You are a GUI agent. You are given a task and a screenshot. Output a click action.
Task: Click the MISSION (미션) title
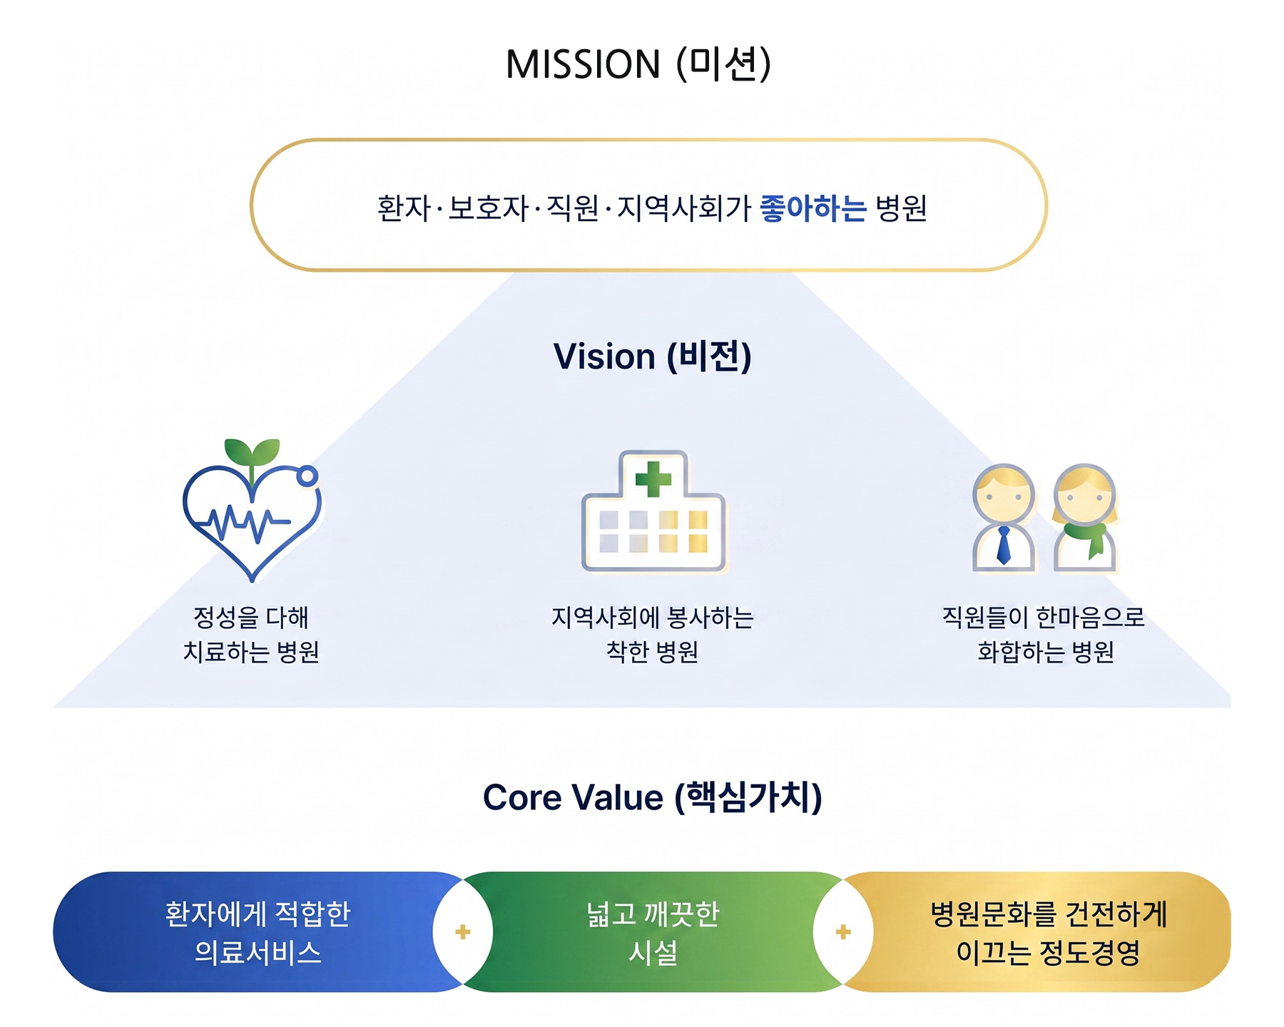(x=638, y=64)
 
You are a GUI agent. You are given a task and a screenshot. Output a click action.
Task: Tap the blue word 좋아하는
(x=813, y=208)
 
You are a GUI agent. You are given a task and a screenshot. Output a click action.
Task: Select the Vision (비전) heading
(x=652, y=356)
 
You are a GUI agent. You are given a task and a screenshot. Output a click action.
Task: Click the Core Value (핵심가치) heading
(x=652, y=797)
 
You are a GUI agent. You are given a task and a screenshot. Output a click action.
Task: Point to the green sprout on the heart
(x=252, y=452)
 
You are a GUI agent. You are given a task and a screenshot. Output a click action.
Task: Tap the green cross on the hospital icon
(x=653, y=479)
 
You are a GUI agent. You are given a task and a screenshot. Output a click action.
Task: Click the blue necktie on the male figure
(x=1004, y=546)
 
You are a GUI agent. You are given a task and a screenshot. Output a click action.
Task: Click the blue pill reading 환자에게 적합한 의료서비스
(x=257, y=932)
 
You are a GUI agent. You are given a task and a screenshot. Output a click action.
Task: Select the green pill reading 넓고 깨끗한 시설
(x=652, y=932)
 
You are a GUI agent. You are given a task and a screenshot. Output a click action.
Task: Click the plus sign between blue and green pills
(x=463, y=932)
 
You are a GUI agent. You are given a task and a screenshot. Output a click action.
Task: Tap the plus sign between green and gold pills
(x=843, y=932)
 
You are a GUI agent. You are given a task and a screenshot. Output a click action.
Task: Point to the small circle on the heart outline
(x=307, y=476)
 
